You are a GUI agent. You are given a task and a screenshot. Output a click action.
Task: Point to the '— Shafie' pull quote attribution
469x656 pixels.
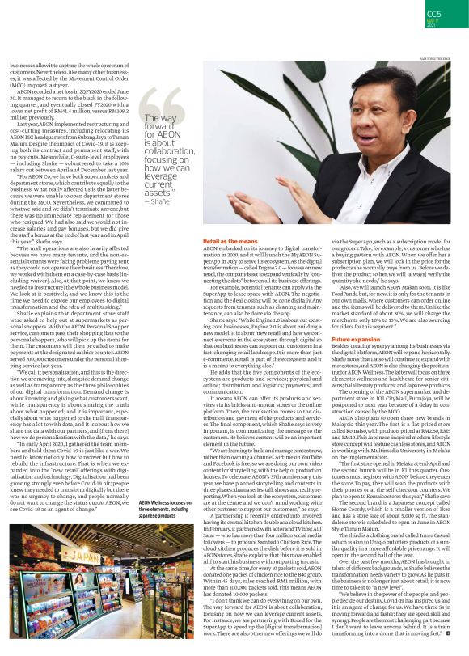pos(157,201)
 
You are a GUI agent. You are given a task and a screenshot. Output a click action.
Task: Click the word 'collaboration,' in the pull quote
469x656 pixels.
pos(167,153)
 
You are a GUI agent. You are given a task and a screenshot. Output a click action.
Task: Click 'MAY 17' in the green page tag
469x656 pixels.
pos(434,24)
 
